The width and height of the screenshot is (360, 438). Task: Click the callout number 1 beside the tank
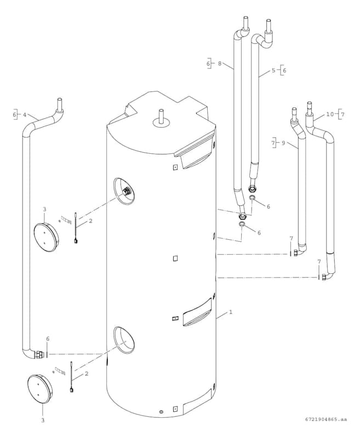[x=231, y=312]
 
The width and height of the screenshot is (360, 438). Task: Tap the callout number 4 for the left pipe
[x=24, y=115]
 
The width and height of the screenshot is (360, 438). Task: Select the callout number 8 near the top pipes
[x=219, y=64]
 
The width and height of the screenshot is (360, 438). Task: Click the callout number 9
[x=283, y=142]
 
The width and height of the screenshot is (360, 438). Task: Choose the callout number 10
[x=329, y=114]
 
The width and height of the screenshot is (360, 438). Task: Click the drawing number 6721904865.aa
[x=326, y=420]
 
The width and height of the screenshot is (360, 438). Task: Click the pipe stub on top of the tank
[x=161, y=117]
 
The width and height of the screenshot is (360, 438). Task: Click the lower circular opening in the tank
[x=124, y=339]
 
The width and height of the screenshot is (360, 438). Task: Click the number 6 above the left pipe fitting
[x=48, y=339]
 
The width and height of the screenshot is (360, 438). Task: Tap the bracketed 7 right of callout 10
[x=342, y=114]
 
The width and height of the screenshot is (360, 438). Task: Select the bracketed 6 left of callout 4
[x=15, y=115]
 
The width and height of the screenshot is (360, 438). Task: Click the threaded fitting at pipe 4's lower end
[x=39, y=354]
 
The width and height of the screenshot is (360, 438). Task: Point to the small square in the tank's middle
[x=175, y=258]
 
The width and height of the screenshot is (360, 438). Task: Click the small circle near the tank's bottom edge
[x=161, y=411]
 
